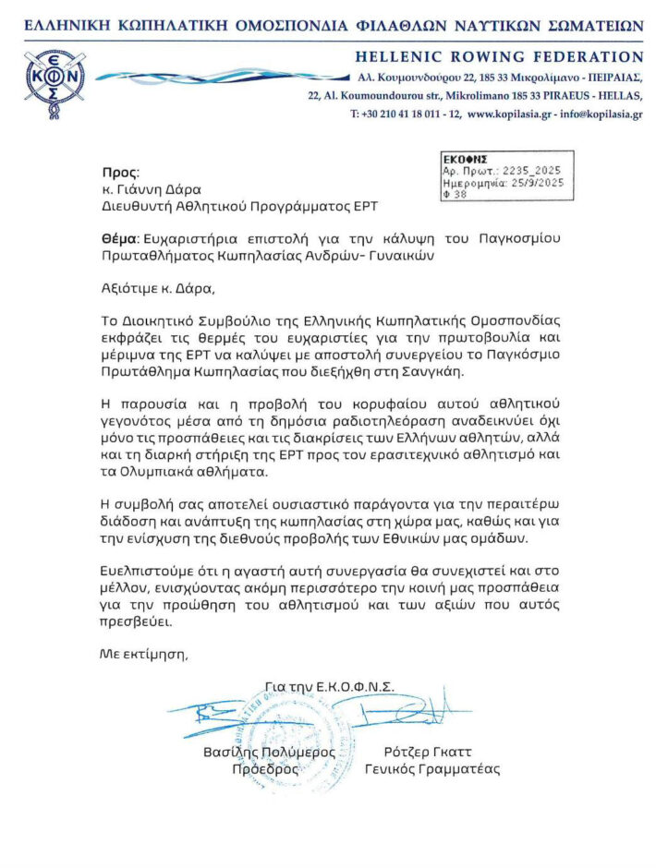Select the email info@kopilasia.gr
(600, 115)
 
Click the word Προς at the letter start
(119, 172)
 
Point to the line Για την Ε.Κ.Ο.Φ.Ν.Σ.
(329, 686)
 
